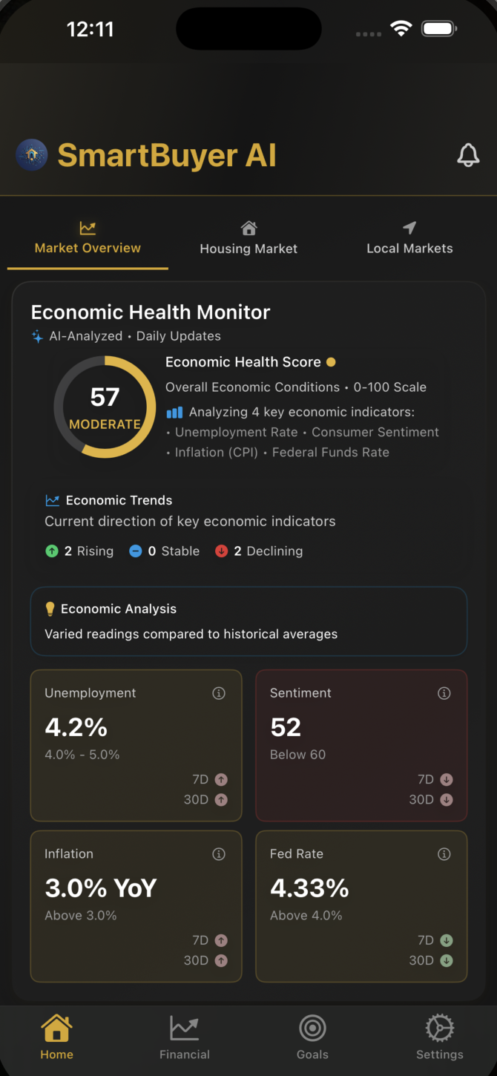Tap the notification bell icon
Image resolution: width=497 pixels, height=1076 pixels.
click(468, 155)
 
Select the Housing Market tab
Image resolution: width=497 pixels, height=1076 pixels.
click(249, 238)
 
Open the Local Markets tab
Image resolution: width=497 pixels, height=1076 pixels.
click(409, 238)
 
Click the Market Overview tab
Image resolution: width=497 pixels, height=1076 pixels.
click(88, 238)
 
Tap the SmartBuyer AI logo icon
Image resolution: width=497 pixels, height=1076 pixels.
click(32, 155)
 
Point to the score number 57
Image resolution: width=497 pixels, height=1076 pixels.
click(105, 397)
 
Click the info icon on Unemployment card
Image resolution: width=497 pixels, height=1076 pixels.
click(219, 693)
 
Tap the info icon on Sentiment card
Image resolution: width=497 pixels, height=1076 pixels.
click(444, 693)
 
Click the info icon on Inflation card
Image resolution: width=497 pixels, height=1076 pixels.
click(219, 854)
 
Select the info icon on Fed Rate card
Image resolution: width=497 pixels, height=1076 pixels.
click(444, 854)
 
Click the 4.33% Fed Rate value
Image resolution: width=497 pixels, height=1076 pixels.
click(309, 888)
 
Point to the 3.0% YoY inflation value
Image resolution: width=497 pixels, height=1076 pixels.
click(100, 888)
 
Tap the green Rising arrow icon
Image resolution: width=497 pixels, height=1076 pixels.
click(52, 551)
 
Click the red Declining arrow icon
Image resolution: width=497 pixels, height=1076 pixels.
click(221, 551)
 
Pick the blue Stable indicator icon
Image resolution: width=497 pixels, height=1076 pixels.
click(136, 551)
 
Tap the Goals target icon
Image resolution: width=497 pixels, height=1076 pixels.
click(312, 1029)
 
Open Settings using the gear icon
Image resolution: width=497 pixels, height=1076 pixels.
click(439, 1029)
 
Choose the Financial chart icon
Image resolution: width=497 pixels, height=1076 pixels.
click(184, 1029)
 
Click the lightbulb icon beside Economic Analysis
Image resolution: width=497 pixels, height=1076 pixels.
click(50, 608)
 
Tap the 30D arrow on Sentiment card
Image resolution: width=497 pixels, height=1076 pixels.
click(447, 799)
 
